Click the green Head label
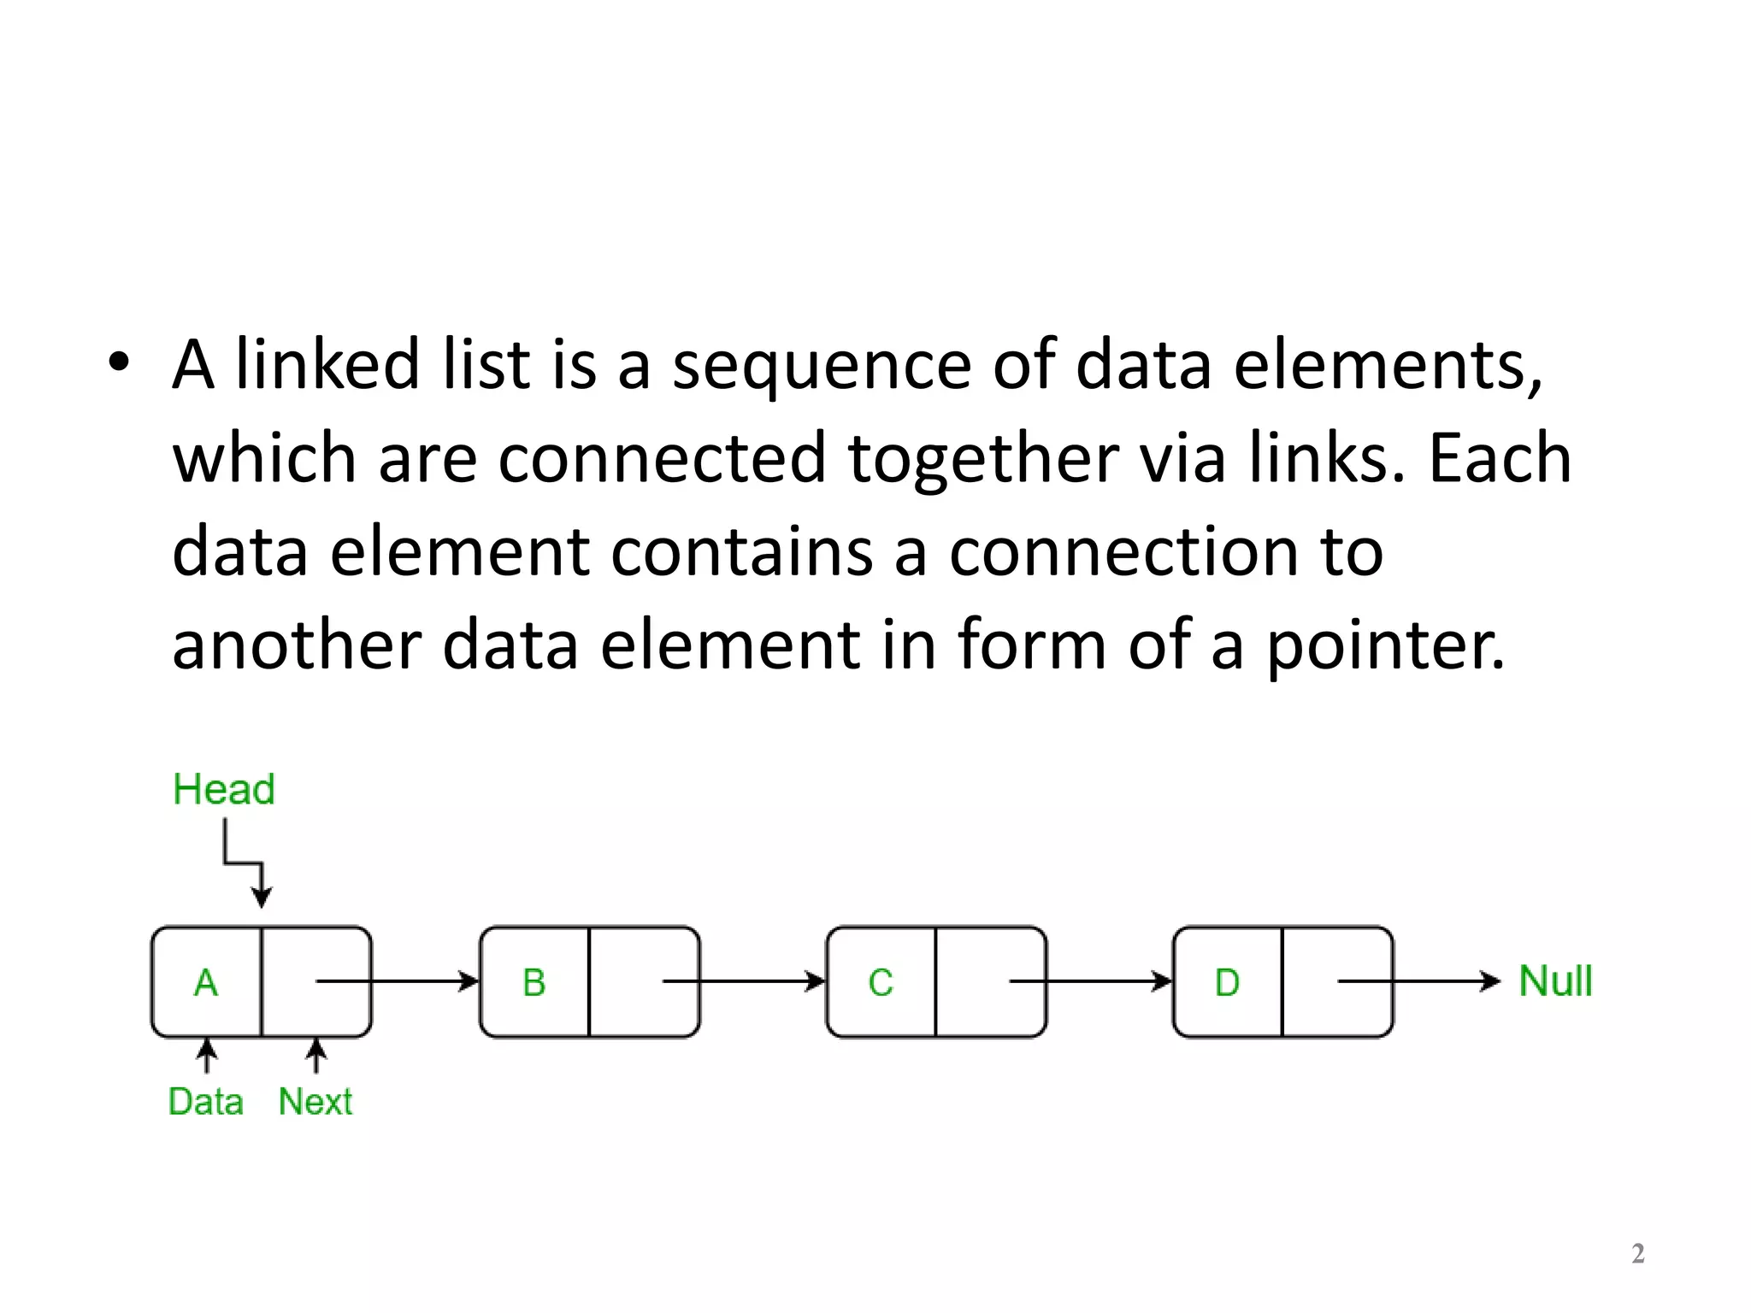(x=224, y=789)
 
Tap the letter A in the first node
(x=205, y=983)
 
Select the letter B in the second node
(x=534, y=983)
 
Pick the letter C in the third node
(x=881, y=983)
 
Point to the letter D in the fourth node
(x=1227, y=983)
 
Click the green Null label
(x=1555, y=981)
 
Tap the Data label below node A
(x=205, y=1102)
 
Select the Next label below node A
(x=315, y=1102)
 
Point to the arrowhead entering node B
(x=469, y=981)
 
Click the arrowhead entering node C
(x=816, y=981)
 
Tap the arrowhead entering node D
(x=1162, y=981)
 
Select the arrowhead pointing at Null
(x=1491, y=981)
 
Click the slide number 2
(x=1637, y=1253)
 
